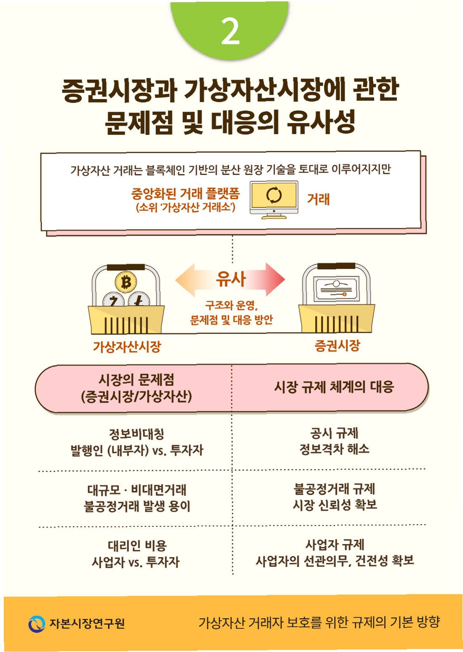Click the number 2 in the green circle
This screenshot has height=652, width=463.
[230, 32]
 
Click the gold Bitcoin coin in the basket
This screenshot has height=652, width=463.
[126, 282]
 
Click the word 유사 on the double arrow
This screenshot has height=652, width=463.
[230, 279]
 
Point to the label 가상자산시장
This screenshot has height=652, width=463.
[127, 347]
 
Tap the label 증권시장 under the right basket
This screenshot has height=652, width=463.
[337, 346]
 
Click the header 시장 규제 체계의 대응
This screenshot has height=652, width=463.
[334, 387]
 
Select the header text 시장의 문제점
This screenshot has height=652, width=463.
[136, 380]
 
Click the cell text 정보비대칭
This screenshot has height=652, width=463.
[136, 434]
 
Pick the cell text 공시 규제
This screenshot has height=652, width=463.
[334, 433]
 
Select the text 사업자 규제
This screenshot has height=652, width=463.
[335, 544]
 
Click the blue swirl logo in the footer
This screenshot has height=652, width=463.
[37, 624]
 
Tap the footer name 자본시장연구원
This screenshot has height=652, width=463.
[87, 624]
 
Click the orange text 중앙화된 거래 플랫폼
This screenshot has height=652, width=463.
[185, 194]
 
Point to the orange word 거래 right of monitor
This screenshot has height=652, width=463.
[318, 199]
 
